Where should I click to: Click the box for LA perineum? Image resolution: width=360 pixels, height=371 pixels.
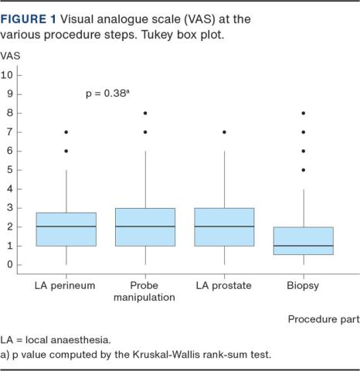[66, 229]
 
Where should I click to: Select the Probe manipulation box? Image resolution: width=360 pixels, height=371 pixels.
[145, 227]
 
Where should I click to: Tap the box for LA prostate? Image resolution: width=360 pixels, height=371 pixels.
[224, 227]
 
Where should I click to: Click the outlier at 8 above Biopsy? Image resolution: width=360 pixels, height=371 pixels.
[303, 114]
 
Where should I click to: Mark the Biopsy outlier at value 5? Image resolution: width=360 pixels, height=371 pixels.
[303, 170]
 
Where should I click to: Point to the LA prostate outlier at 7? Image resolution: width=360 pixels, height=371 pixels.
[224, 132]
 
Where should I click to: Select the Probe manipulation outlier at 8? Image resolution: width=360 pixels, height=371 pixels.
[145, 114]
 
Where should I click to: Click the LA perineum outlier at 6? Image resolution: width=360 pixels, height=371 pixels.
[66, 151]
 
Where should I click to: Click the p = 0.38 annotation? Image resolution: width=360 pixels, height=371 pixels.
[107, 94]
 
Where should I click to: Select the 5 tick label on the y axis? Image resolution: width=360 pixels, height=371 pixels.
[10, 170]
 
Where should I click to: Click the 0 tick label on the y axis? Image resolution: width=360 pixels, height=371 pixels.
[10, 265]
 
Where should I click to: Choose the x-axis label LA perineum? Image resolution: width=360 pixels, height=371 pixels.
[66, 285]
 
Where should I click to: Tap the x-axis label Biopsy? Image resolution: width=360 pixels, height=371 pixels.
[303, 285]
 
